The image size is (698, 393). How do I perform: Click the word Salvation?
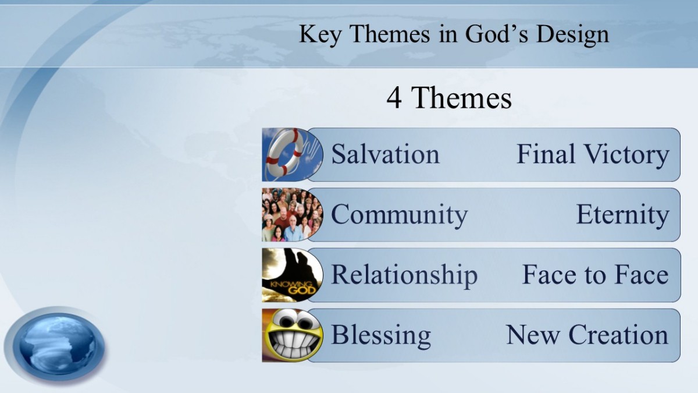[x=385, y=154]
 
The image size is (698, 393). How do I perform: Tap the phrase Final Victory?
[x=593, y=154]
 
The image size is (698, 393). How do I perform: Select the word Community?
[x=399, y=215]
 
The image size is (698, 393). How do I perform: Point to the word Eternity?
[x=622, y=215]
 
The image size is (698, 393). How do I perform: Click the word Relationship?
[x=404, y=275]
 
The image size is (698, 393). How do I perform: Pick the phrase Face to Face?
[x=596, y=275]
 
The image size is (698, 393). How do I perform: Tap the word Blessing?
[x=381, y=335]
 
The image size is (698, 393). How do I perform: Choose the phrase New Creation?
[x=587, y=335]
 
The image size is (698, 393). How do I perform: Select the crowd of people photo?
[x=292, y=215]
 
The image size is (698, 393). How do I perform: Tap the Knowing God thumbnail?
[x=292, y=275]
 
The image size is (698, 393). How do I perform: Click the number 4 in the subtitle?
[x=394, y=98]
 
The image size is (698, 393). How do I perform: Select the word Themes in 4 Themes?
[x=461, y=98]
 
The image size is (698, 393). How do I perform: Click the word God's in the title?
[x=497, y=34]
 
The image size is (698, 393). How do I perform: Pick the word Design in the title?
[x=572, y=34]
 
